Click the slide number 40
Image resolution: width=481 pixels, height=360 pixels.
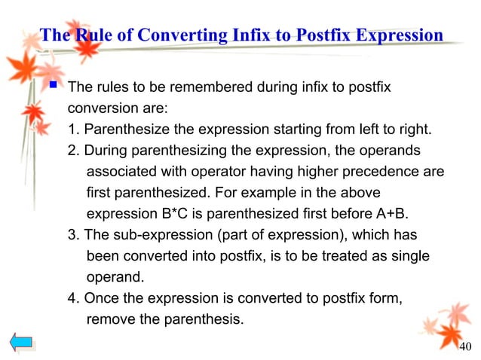(464, 346)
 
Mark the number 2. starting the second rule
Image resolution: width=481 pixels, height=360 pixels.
(73, 151)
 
